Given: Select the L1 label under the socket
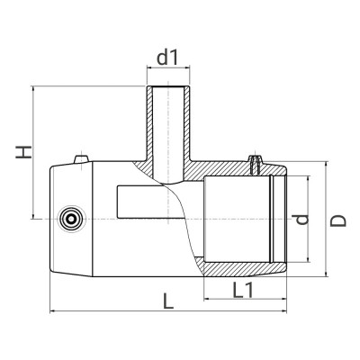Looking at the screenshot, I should (242, 290).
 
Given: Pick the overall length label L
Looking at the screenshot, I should (168, 302).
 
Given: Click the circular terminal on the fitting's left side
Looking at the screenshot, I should (68, 218).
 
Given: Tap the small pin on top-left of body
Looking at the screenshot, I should (79, 159).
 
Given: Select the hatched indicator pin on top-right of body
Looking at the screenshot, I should (258, 163).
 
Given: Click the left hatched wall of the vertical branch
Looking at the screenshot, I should (150, 126).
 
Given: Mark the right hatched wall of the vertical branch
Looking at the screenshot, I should (184, 126).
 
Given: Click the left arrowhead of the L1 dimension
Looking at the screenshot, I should (208, 300).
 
